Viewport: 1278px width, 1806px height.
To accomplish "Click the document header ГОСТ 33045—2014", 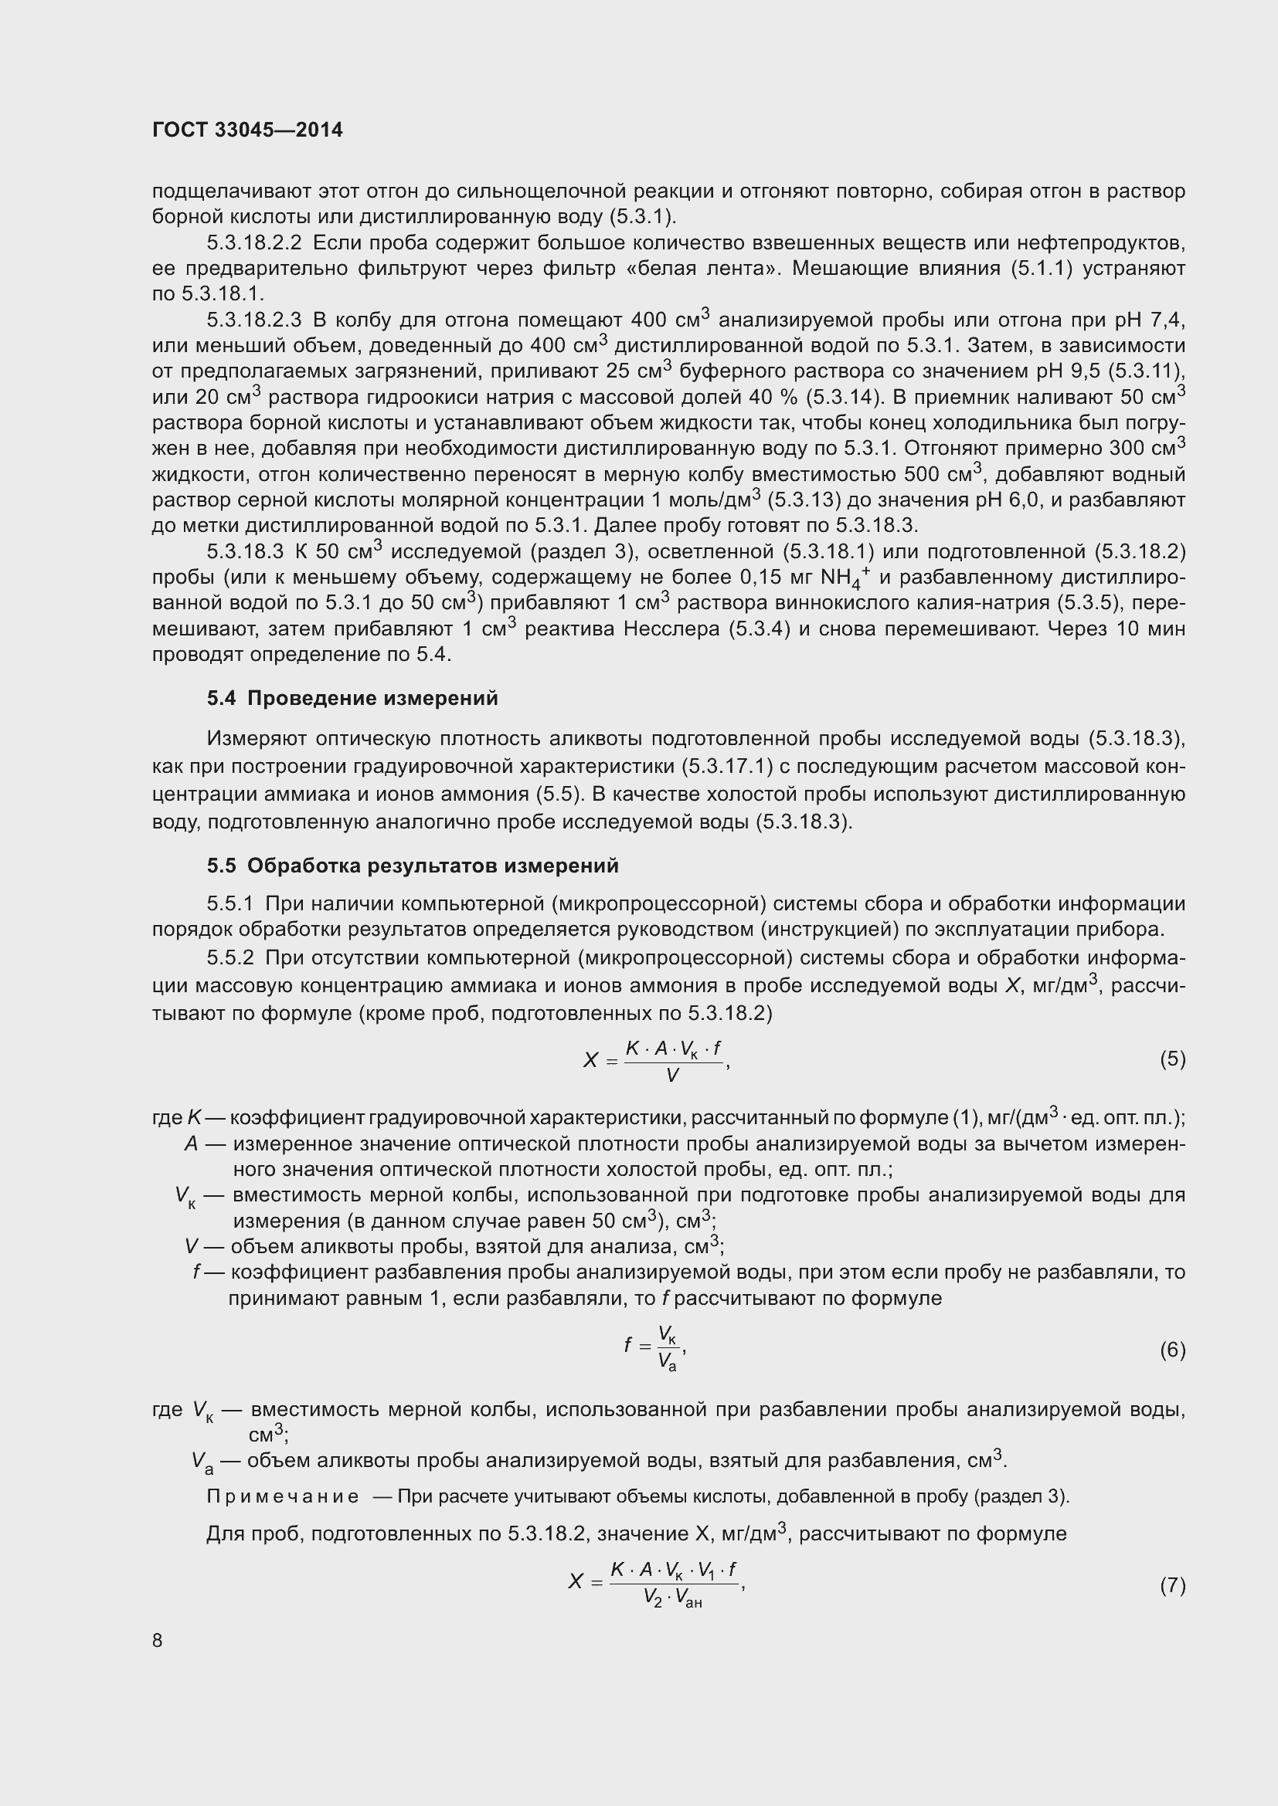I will (x=247, y=130).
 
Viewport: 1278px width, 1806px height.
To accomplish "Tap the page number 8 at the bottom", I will (x=158, y=1640).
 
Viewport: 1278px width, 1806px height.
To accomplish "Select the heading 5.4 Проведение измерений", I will (x=352, y=699).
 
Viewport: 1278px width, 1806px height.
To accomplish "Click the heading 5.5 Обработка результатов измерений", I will (x=413, y=866).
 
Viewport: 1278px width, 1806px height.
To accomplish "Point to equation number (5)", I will (x=1172, y=1059).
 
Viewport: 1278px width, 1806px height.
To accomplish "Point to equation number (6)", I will (x=1172, y=1350).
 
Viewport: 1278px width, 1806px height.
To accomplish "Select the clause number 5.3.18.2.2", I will (x=254, y=242).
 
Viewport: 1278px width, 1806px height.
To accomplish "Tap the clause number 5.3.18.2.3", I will (x=254, y=320).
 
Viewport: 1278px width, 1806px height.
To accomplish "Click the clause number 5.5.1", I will (x=229, y=905).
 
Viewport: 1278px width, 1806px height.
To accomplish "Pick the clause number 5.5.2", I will (x=229, y=958).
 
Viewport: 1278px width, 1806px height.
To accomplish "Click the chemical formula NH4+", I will (x=845, y=579).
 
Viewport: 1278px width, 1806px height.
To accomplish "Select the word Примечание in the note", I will (x=282, y=1496).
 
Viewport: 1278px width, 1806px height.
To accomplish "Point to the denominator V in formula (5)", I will (x=672, y=1076).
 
